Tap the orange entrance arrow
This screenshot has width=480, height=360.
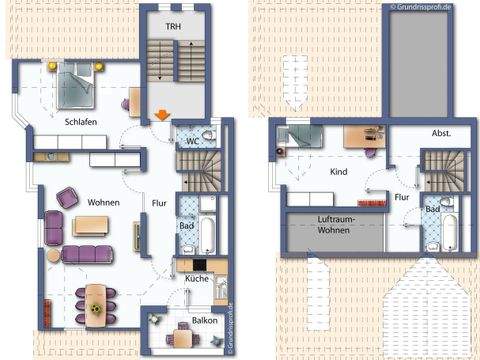[161, 115]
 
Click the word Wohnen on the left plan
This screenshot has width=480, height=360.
[103, 203]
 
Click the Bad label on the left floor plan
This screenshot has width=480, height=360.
[187, 226]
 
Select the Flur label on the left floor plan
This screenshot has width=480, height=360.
[158, 203]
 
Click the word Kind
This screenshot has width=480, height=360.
[338, 172]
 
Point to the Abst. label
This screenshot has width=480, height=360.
[441, 132]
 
